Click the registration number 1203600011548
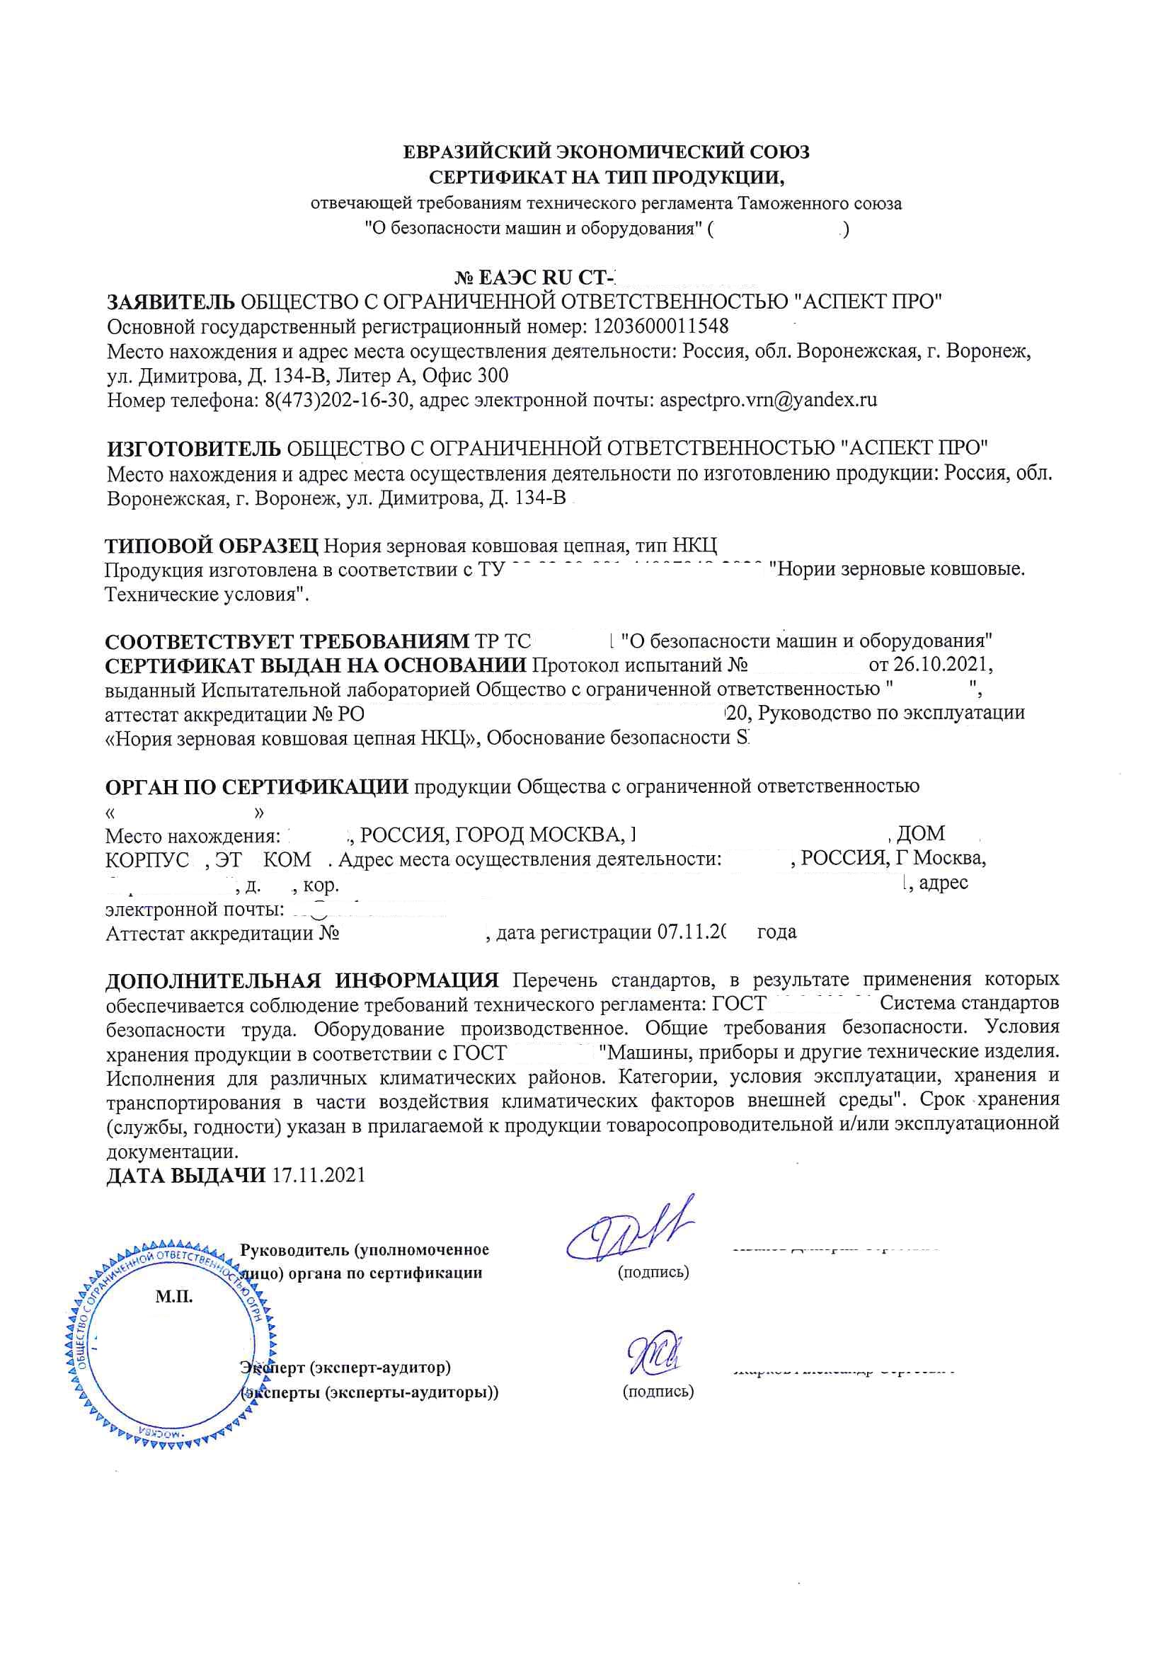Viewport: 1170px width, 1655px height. tap(660, 326)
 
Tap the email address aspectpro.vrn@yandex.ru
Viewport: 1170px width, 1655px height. tap(769, 400)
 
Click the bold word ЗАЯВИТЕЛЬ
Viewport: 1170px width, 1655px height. tap(171, 302)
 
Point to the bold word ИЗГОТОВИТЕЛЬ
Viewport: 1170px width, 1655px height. tap(194, 449)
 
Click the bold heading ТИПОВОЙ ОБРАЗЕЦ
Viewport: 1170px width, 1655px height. tap(211, 546)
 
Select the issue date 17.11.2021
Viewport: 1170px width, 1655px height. tap(319, 1176)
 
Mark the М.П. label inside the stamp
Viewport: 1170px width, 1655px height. tap(173, 1298)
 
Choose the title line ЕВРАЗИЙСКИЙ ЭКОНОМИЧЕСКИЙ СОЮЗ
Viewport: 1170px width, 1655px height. tap(606, 152)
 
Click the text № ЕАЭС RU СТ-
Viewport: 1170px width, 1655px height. tap(537, 277)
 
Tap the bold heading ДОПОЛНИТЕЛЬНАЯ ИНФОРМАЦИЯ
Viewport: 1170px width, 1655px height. tap(302, 980)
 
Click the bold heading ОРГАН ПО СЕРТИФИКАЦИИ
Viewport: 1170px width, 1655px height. tap(257, 786)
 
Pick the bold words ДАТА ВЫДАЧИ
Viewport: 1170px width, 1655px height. tap(186, 1176)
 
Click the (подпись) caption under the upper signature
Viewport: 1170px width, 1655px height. tap(653, 1272)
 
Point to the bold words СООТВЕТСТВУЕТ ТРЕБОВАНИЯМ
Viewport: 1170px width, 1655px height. tap(286, 641)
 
